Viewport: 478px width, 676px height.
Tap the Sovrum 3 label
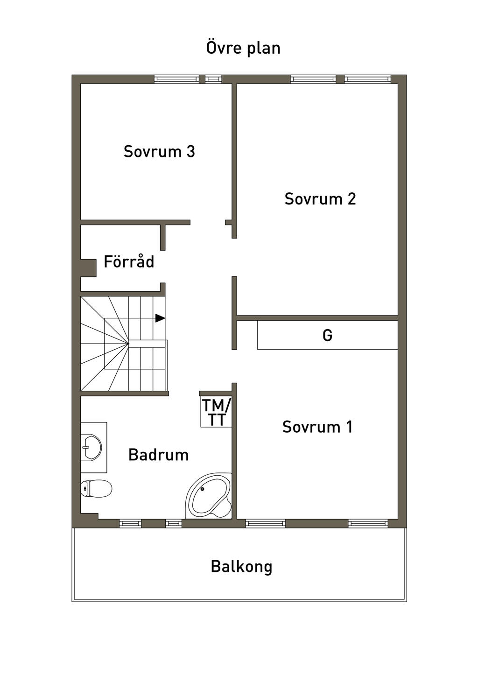coord(159,151)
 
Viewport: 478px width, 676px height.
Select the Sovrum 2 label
coord(320,199)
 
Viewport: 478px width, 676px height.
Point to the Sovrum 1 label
coord(317,427)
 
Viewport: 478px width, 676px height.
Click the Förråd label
coord(129,261)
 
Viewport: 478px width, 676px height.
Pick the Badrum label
coord(158,455)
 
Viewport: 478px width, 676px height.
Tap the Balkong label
coord(241,566)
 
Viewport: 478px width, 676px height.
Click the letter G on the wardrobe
coord(327,335)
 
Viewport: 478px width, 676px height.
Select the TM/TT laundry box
coord(216,412)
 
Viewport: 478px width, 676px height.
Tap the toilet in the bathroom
coord(96,488)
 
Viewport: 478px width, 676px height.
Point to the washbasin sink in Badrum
coord(91,448)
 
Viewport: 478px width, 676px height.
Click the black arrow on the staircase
coord(160,318)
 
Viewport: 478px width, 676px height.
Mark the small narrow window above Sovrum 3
coord(214,79)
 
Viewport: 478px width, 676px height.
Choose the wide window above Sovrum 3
coord(177,79)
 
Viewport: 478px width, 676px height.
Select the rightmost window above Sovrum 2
coord(368,79)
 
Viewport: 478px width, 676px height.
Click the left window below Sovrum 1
coord(266,523)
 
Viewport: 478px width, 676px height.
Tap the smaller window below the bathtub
coord(174,523)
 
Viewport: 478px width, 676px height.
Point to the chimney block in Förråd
coord(88,268)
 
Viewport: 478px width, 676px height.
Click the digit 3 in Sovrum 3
coord(191,151)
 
